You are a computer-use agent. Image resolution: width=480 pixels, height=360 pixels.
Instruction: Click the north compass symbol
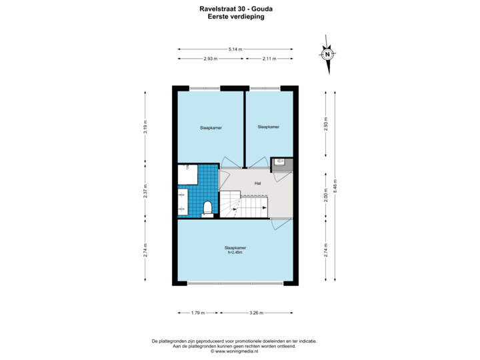point(327,55)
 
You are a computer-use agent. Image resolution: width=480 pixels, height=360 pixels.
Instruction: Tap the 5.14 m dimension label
point(235,49)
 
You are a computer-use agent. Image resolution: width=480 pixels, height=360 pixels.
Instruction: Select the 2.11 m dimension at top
point(269,59)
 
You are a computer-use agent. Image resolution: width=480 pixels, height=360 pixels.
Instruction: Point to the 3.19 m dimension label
point(145,127)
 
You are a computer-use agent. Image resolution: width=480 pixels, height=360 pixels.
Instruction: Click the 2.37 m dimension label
point(145,192)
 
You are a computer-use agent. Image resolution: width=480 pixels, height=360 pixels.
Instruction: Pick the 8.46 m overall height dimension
point(335,185)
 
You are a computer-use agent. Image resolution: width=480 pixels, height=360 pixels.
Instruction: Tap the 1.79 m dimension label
point(197,311)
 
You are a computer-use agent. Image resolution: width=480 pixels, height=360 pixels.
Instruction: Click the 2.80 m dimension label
point(325,198)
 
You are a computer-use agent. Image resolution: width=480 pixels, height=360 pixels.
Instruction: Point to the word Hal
point(257,183)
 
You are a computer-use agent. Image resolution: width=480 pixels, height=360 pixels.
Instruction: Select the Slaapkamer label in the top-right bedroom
point(268,127)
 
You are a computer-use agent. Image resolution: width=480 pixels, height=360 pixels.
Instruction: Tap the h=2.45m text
point(236,252)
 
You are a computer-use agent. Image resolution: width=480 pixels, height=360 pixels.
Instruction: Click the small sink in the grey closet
point(278,161)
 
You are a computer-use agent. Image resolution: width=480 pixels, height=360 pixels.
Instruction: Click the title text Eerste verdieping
point(239,18)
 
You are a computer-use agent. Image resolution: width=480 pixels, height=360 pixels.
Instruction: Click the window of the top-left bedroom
point(204,87)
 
